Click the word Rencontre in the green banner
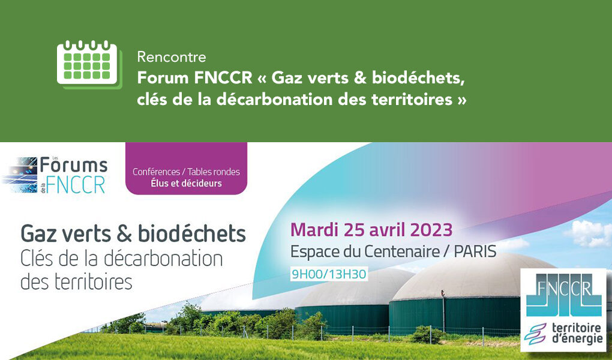[x=172, y=57]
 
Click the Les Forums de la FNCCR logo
[x=55, y=175]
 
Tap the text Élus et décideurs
[x=186, y=183]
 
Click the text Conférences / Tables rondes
[x=186, y=172]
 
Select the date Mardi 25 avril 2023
[x=371, y=230]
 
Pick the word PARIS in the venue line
[x=475, y=252]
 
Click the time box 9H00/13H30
[x=329, y=274]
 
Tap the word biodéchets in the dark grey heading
[x=192, y=233]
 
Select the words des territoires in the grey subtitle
[x=76, y=282]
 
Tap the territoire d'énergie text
[x=577, y=333]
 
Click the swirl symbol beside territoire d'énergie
[x=535, y=334]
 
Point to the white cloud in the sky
[x=589, y=233]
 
